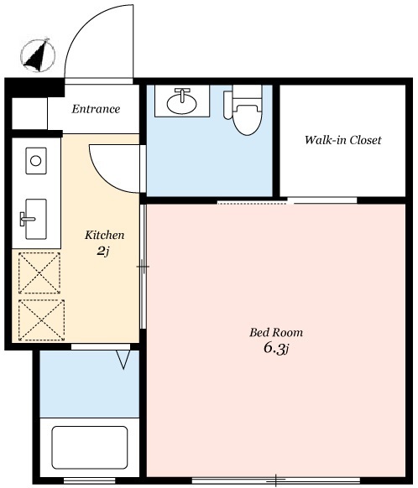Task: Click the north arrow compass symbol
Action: click(x=38, y=55)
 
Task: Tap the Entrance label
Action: click(x=96, y=109)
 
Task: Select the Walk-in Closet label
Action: click(x=342, y=140)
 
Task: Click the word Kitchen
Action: click(x=104, y=235)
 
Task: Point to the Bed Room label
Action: click(x=276, y=332)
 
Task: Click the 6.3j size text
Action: click(x=277, y=348)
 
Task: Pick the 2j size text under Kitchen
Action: click(x=102, y=251)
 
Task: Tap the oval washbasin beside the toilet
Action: click(x=181, y=102)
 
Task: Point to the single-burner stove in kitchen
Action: click(x=36, y=161)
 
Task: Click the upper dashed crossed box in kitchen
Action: click(x=39, y=273)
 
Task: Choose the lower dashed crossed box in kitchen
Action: click(x=41, y=320)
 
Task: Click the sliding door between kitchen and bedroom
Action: click(x=143, y=267)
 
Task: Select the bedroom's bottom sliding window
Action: click(x=276, y=480)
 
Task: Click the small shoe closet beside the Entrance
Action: click(x=29, y=113)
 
